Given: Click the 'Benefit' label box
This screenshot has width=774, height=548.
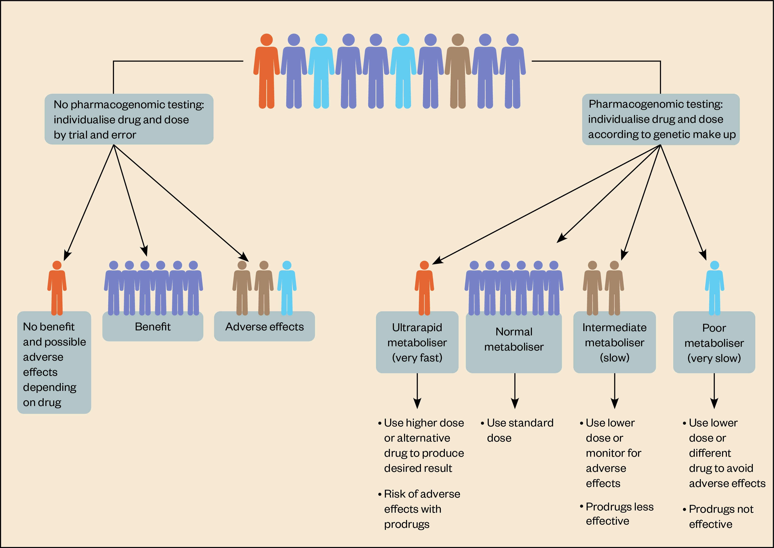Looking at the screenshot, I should click(x=153, y=327).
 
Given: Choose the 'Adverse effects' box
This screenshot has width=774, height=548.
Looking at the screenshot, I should click(x=265, y=327).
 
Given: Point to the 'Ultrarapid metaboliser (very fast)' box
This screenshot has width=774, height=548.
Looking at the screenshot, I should click(x=417, y=342).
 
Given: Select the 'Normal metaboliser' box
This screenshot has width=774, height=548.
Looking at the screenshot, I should click(x=514, y=339).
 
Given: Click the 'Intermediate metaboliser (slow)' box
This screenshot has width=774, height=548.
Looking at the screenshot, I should click(x=614, y=342).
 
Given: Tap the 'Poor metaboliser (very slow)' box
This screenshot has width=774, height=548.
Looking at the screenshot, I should click(x=714, y=343).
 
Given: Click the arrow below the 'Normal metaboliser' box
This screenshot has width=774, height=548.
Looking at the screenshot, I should click(x=514, y=391).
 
